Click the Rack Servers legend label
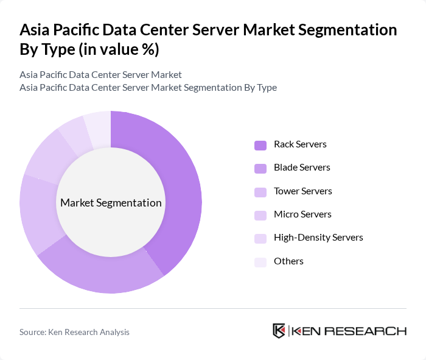pos(300,144)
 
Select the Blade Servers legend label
pos(302,168)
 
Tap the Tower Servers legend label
pos(302,191)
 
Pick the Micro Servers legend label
pos(302,214)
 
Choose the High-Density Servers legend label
pos(318,238)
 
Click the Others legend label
pos(288,261)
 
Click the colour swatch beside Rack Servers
pos(260,145)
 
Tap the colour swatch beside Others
pos(260,262)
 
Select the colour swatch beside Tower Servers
pos(260,192)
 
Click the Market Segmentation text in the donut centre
pos(111,203)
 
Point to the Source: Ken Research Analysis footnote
pos(74,332)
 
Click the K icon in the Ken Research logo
pos(279,331)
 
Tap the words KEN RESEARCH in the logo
pos(349,331)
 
